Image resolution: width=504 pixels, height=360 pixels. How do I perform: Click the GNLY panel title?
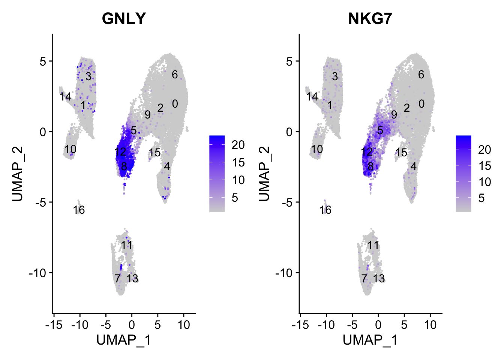[124, 18]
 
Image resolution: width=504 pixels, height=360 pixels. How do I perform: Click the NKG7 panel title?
[370, 18]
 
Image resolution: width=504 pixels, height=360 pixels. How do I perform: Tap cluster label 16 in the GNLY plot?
[79, 210]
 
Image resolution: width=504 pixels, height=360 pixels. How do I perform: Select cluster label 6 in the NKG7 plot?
[421, 75]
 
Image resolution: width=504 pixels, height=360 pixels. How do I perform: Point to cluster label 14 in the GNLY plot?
[66, 97]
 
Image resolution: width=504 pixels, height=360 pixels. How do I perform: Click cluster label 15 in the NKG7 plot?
[401, 153]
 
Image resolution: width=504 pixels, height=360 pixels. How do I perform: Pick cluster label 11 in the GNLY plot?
[127, 245]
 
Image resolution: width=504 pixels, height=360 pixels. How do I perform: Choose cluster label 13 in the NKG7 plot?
[379, 279]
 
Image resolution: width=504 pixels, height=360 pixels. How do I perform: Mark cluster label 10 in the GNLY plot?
[70, 149]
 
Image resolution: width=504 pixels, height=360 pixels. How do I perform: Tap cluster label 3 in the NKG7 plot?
[335, 76]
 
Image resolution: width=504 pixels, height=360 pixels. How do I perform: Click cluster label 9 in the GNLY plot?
[148, 115]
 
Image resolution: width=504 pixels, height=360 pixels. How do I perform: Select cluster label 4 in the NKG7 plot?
[413, 166]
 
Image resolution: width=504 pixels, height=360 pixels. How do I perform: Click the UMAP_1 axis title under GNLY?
[124, 340]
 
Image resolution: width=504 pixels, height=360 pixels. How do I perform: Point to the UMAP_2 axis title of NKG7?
[264, 174]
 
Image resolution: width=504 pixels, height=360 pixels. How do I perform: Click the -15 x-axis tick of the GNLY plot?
[54, 325]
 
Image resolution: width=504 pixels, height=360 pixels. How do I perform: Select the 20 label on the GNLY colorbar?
[238, 145]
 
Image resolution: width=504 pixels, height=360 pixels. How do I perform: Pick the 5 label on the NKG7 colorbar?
[481, 198]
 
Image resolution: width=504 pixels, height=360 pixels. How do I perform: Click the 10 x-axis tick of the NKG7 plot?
[430, 325]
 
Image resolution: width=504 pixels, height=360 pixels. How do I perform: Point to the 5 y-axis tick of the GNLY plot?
[43, 61]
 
